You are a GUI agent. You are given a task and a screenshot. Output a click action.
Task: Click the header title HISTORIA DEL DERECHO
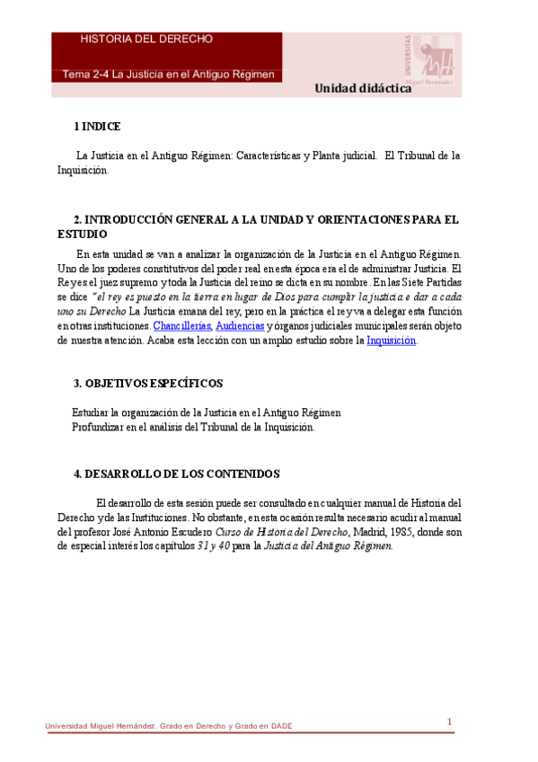click(146, 40)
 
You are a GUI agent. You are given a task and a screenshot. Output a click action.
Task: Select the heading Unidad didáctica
click(363, 88)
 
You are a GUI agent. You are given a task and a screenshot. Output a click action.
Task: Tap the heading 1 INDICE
click(97, 127)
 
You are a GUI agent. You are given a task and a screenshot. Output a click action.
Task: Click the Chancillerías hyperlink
click(181, 324)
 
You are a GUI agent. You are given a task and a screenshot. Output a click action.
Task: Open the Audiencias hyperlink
click(239, 324)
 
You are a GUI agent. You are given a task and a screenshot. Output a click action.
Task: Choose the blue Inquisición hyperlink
click(391, 341)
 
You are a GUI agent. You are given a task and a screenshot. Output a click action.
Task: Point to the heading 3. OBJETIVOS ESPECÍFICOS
click(148, 384)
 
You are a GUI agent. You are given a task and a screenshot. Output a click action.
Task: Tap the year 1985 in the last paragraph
click(396, 532)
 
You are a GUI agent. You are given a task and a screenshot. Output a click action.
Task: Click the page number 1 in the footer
click(449, 722)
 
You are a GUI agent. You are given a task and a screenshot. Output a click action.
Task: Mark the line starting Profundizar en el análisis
click(193, 427)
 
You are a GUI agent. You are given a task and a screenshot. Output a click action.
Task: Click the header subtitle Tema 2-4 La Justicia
click(168, 74)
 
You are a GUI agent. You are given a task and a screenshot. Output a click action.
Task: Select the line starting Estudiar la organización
click(206, 412)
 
